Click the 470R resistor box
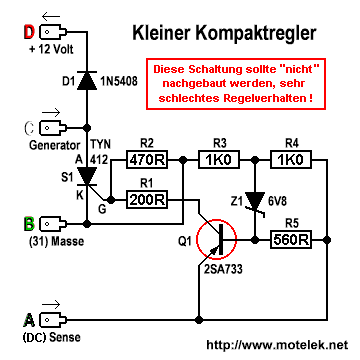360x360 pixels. (147, 160)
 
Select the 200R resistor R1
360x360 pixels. (147, 200)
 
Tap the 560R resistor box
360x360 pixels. (291, 239)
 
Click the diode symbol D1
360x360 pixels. (87, 80)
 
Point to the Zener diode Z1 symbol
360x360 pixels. (255, 202)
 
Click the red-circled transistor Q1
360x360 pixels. (216, 239)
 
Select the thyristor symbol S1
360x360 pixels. (87, 176)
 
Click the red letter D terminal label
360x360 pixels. (29, 32)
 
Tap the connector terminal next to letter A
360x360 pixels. (53, 320)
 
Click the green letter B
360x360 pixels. (29, 223)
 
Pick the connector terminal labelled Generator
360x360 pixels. (53, 127)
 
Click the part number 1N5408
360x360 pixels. (118, 82)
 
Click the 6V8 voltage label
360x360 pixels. (278, 202)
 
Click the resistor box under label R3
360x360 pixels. (219, 160)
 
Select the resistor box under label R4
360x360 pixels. (291, 160)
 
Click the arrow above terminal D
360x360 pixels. (51, 16)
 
